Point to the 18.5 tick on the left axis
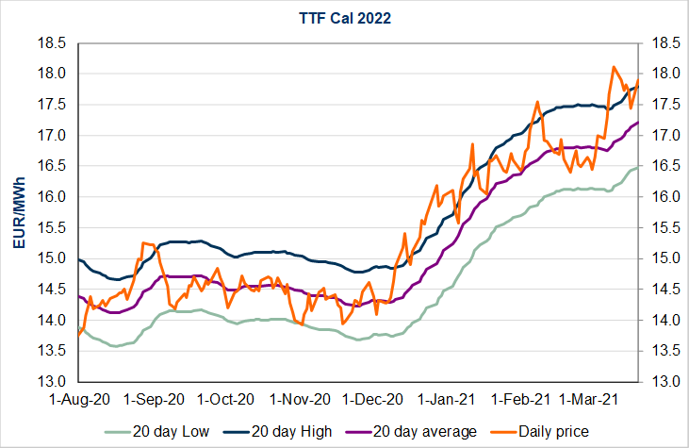(x=53, y=43)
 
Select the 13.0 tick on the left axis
(x=53, y=382)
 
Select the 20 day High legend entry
(x=312, y=431)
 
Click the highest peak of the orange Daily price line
(x=614, y=67)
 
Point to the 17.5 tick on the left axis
(x=53, y=105)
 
